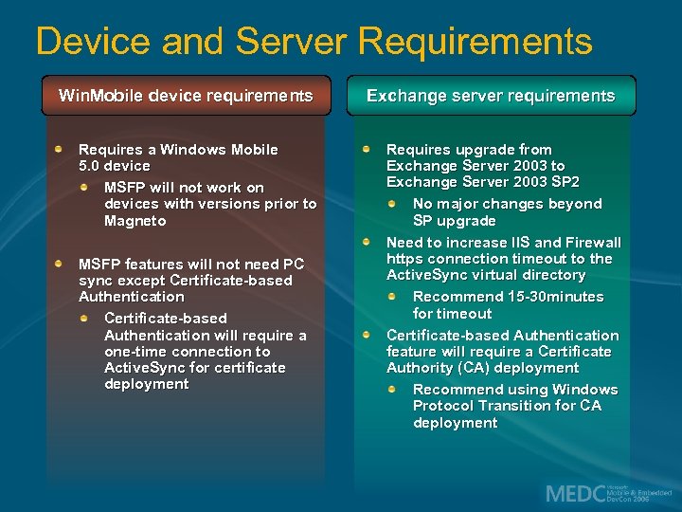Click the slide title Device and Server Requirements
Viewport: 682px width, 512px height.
[x=314, y=42]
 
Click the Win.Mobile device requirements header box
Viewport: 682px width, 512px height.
[x=186, y=96]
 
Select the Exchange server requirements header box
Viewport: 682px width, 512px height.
[x=491, y=96]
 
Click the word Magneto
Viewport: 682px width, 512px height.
[x=135, y=221]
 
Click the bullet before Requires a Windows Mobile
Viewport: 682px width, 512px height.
[x=60, y=149]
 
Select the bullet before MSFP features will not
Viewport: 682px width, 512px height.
[x=60, y=264]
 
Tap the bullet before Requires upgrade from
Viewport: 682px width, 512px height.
[x=368, y=149]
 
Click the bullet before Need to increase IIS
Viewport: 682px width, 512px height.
[x=368, y=242]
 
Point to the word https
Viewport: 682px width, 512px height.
[x=404, y=259]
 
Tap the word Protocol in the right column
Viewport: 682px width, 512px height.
[x=445, y=406]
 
